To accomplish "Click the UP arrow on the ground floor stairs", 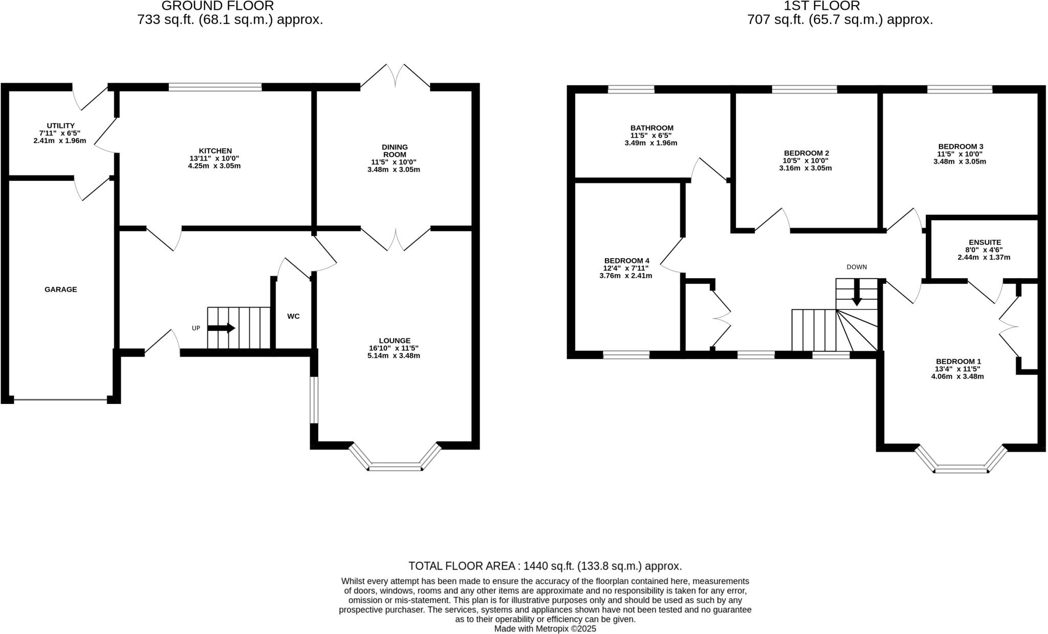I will coord(221,328).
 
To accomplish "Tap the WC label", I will coord(293,316).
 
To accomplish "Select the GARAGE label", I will coord(60,289).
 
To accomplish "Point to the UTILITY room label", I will coord(60,126).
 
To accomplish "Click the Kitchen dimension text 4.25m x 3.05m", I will coord(214,166).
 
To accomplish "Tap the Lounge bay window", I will coord(395,466).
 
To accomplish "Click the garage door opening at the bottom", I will coord(60,400).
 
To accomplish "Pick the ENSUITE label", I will coord(985,242).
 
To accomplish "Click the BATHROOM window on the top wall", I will coord(631,89).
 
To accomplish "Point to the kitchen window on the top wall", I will coord(215,87).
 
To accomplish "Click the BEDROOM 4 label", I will coord(626,261).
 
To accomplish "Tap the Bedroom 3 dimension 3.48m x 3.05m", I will coord(959,162).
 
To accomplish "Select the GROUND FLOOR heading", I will coord(217,6).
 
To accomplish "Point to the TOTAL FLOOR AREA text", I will coord(545,566).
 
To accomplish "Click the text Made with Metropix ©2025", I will coord(545,629).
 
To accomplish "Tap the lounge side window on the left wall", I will coord(314,400).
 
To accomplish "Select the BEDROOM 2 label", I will coord(806,153).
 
